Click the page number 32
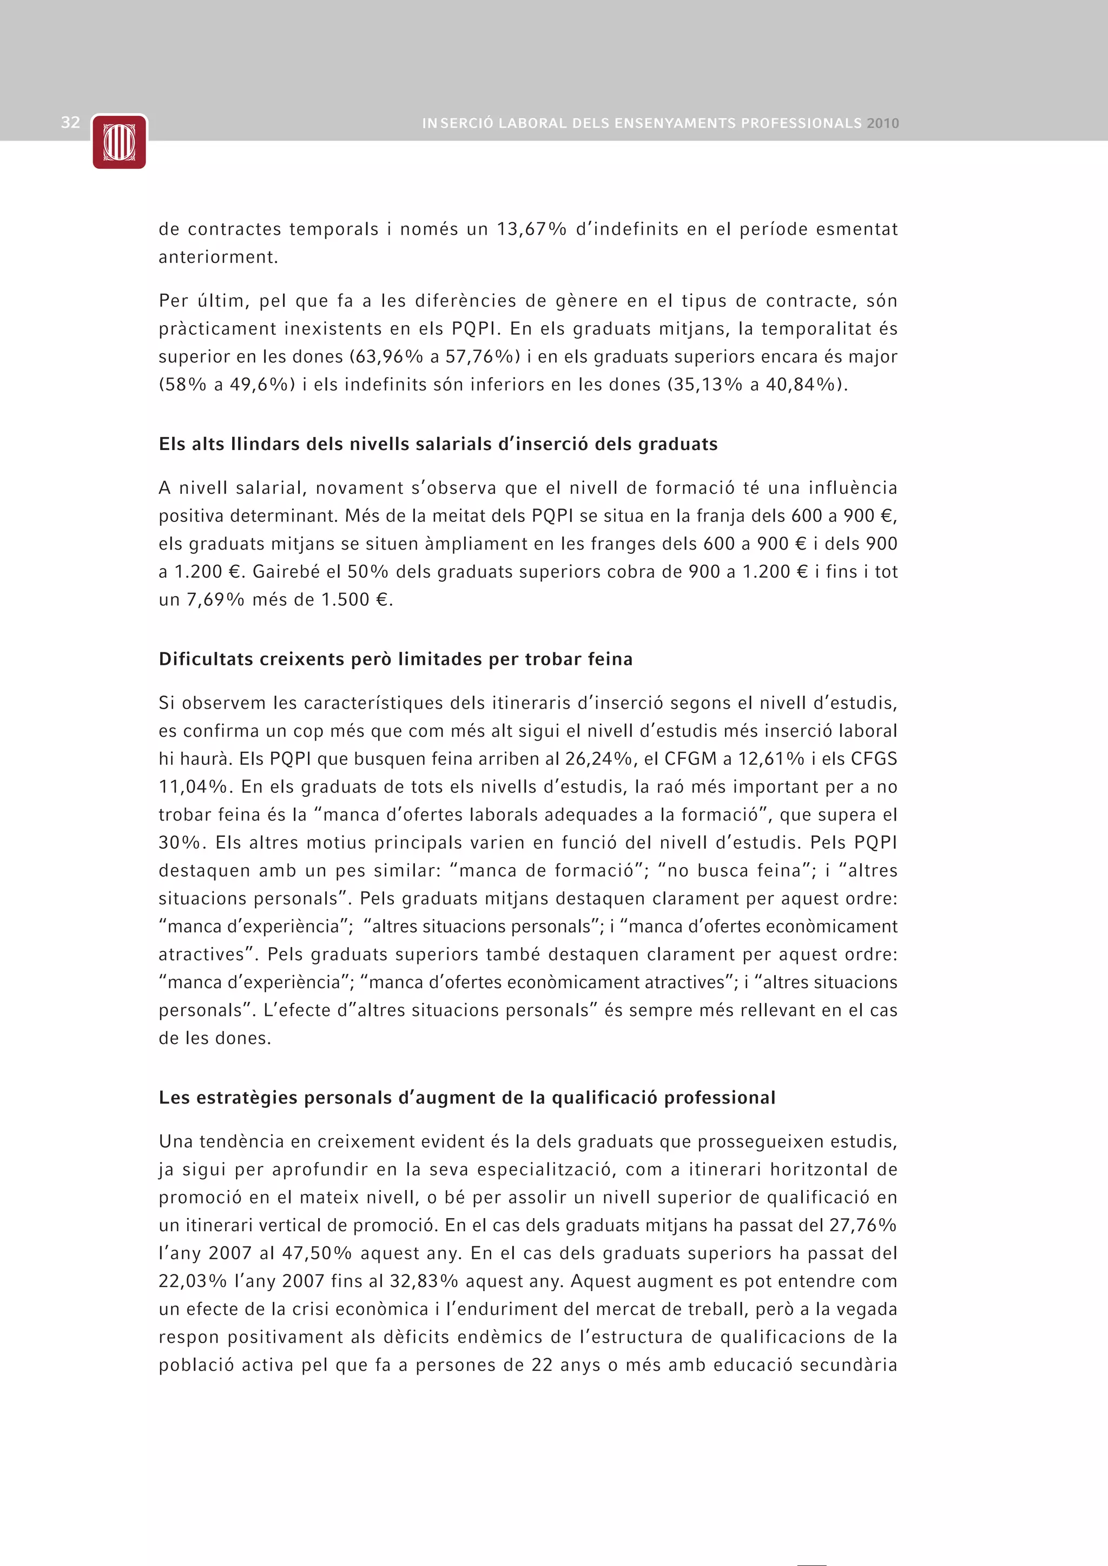point(70,123)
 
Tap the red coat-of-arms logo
point(120,142)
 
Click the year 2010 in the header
point(883,123)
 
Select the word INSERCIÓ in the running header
point(457,123)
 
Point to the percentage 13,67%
point(531,229)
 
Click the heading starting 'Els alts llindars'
point(438,444)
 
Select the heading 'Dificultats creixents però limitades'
point(395,659)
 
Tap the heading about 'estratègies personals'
point(467,1098)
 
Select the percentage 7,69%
point(216,599)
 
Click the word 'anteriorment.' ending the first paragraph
point(219,257)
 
